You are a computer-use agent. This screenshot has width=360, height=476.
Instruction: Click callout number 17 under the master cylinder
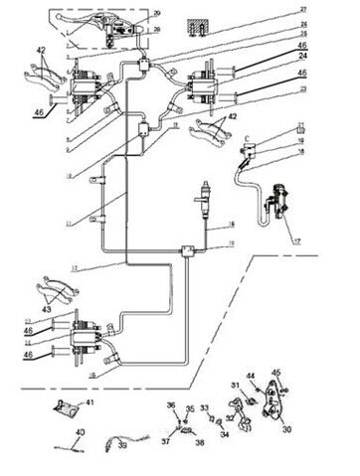292,239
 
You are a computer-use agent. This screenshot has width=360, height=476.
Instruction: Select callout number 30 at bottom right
288,430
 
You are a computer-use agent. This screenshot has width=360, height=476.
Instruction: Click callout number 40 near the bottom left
80,432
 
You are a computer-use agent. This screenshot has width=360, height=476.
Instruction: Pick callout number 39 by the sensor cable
123,447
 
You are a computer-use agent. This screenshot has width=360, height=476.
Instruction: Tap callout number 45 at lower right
277,374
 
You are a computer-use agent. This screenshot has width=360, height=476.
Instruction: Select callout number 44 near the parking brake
252,375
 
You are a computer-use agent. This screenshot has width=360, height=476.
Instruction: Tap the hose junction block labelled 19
185,252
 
